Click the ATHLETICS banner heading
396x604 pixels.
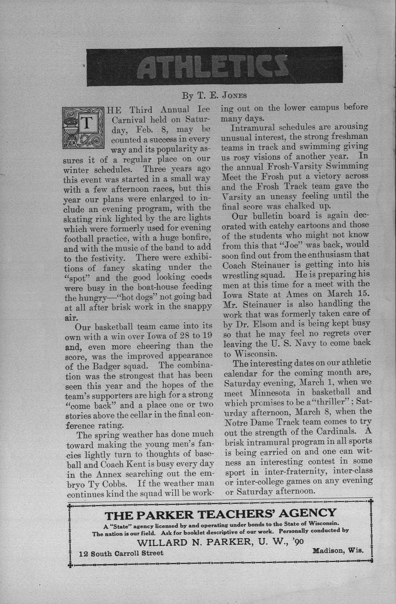tap(214, 67)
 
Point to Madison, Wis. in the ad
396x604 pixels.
tap(338, 551)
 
